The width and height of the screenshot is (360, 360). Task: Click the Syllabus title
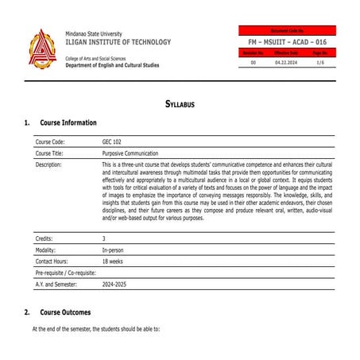pyautogui.click(x=180, y=104)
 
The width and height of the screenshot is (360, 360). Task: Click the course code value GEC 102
pyautogui.click(x=112, y=141)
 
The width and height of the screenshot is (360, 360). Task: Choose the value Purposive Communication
pyautogui.click(x=130, y=153)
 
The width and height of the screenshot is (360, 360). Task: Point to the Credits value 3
pyautogui.click(x=104, y=238)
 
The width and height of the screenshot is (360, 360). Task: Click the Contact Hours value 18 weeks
pyautogui.click(x=113, y=261)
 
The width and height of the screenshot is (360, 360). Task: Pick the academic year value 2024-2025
pyautogui.click(x=116, y=284)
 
